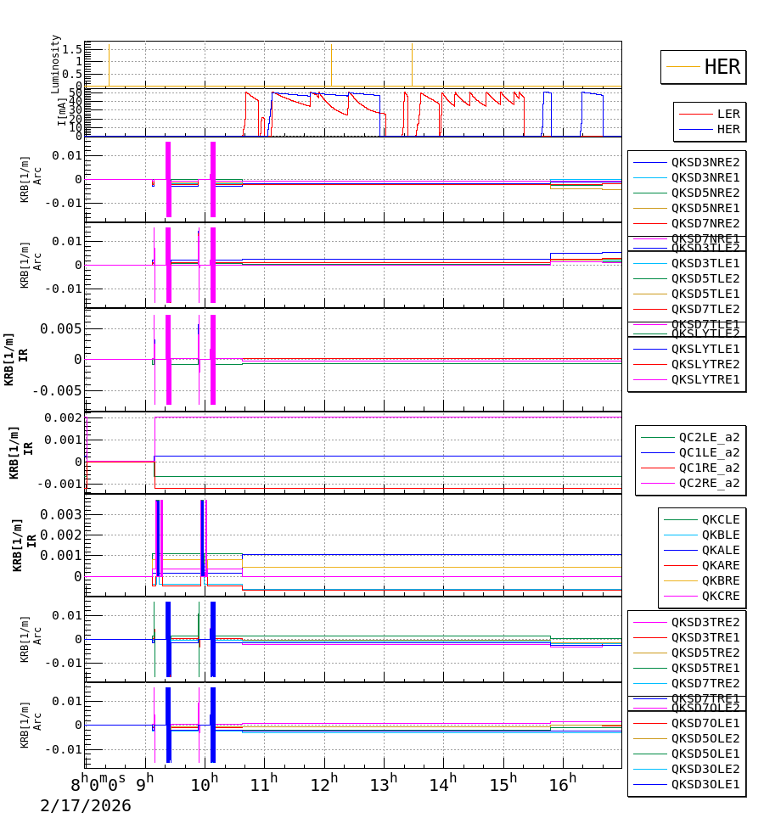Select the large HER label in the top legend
pos(722,67)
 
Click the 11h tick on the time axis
pos(263,782)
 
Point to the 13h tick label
pos(385,782)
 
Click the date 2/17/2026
pos(86,806)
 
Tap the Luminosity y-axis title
pos(56,64)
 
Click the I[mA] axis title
pos(62,112)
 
